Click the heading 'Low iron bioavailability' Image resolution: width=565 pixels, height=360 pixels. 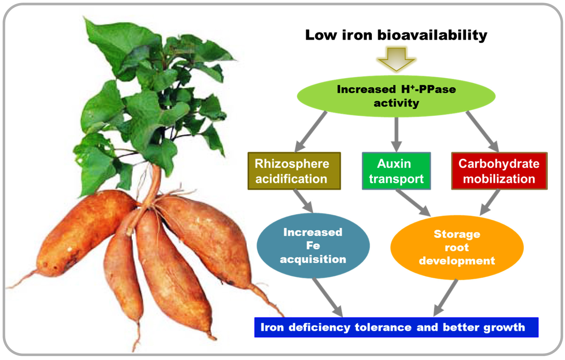396,35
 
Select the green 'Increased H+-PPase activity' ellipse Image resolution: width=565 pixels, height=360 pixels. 396,96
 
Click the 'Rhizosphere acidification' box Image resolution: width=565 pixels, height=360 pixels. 294,171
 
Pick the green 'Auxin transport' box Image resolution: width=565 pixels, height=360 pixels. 396,171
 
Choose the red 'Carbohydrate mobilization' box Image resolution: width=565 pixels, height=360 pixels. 499,171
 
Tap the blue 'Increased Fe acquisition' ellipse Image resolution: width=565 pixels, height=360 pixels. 313,246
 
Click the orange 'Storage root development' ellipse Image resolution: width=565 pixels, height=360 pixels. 457,247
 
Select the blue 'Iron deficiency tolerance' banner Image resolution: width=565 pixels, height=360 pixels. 396,327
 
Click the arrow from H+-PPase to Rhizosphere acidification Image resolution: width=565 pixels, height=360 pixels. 311,132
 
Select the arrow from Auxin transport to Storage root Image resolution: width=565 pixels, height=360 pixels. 413,203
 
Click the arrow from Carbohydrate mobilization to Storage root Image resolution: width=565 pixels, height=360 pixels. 490,202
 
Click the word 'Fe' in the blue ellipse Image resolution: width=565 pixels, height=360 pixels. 313,245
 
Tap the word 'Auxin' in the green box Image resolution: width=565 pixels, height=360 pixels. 394,164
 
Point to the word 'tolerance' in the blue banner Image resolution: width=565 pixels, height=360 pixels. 383,327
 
